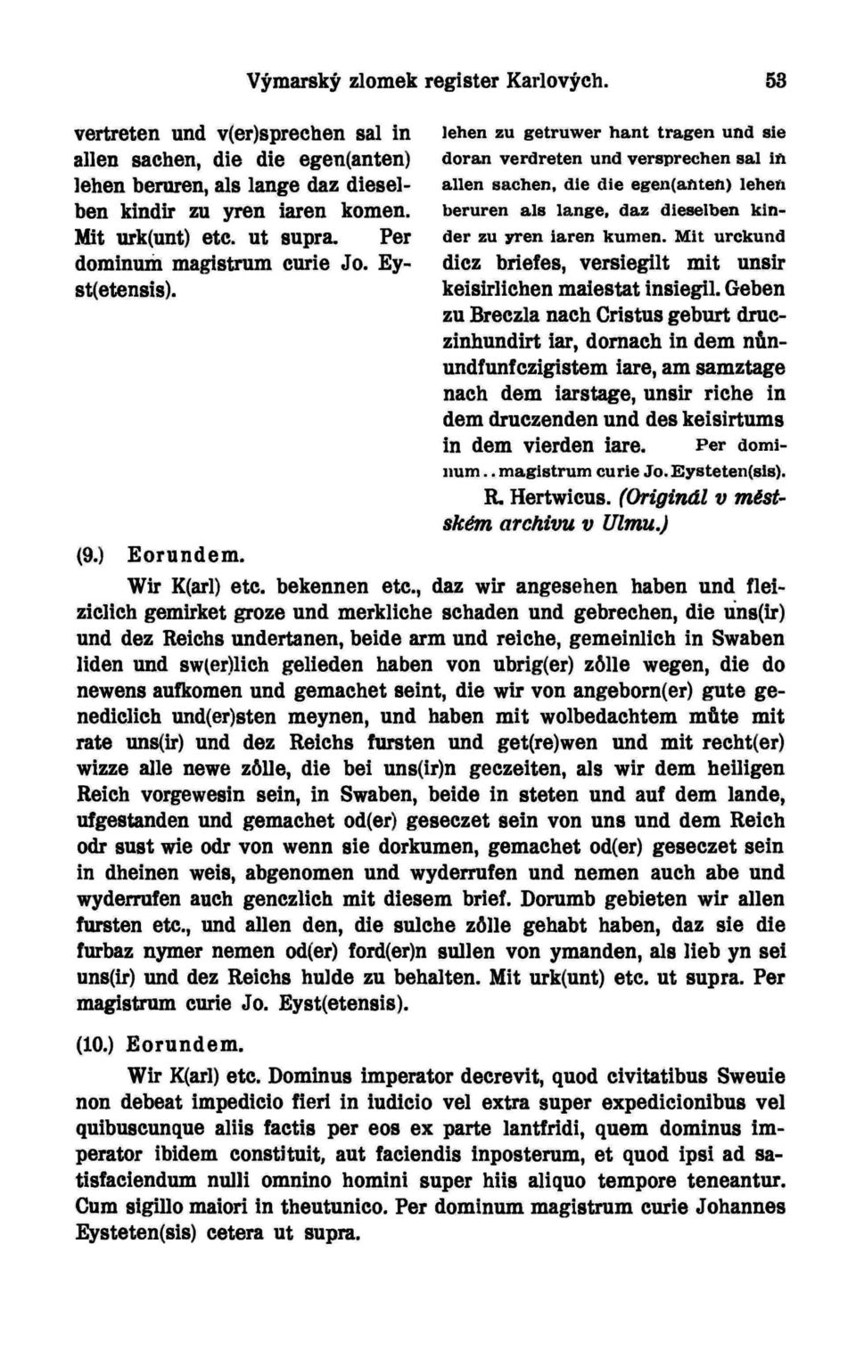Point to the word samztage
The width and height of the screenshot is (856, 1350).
click(x=737, y=366)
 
